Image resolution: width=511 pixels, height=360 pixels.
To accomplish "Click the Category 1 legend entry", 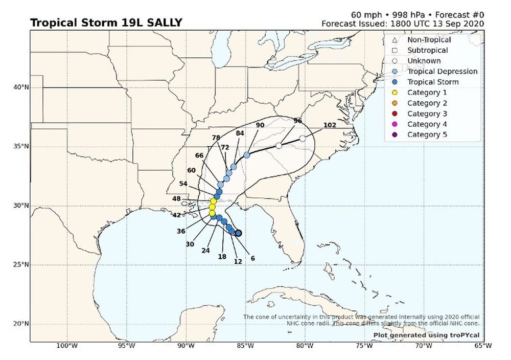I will coord(427,93).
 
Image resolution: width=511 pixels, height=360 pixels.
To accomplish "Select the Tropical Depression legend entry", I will coord(442,72).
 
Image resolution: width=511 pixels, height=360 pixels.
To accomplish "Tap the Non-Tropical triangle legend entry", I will coord(429,40).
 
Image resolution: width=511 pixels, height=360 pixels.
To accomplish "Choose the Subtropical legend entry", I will coord(427,50).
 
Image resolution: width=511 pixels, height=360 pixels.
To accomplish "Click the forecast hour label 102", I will coord(330,126).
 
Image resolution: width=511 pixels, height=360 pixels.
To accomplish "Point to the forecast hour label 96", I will coord(298,121).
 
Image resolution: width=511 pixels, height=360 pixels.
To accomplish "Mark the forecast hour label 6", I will coord(252,259).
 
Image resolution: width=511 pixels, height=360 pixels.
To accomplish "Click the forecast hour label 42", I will coord(177,215).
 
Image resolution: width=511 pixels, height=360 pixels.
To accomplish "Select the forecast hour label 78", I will coord(216,138).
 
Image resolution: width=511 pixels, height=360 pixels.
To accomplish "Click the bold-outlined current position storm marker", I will coord(238,233).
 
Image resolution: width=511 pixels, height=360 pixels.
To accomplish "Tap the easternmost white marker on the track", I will coord(303,139).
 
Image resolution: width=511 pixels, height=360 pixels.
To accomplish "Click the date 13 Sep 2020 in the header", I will coord(459,24).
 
